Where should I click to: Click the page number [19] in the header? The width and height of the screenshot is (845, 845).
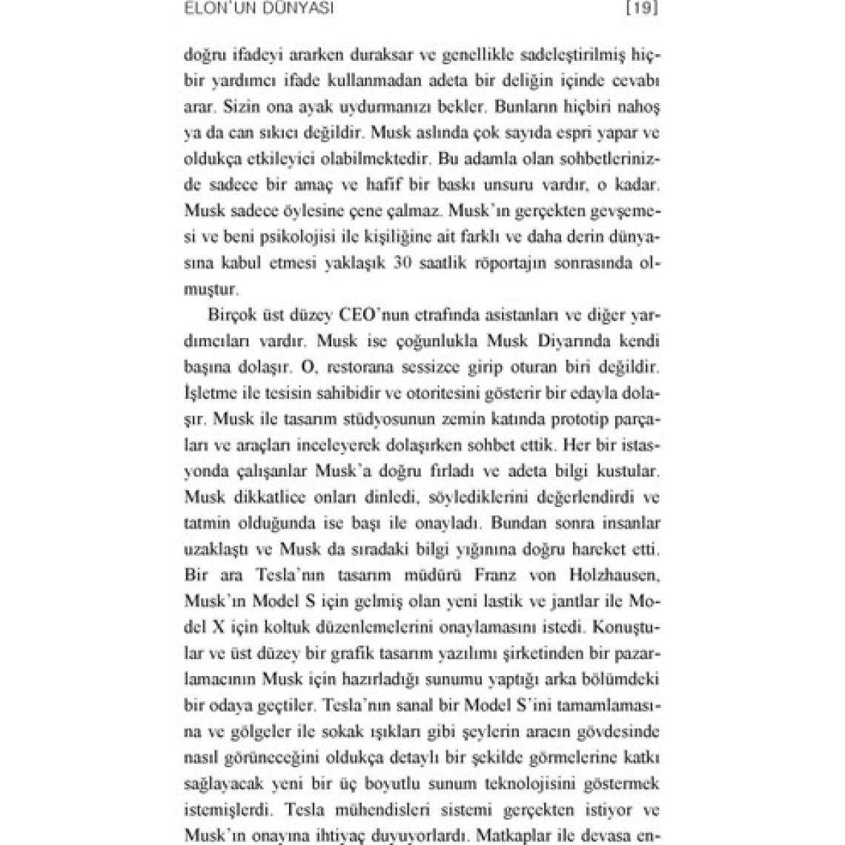click(642, 8)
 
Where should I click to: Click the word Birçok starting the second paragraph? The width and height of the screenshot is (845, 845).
click(231, 316)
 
